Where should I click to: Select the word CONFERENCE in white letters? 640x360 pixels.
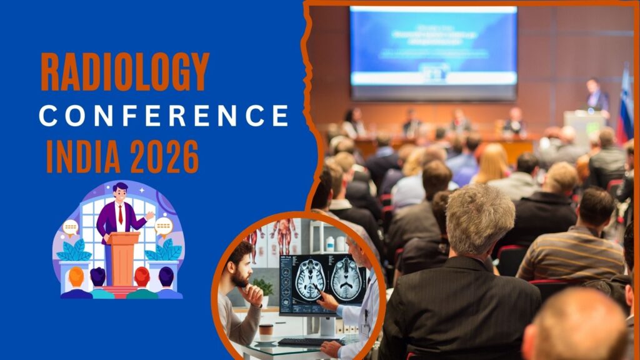coord(164,116)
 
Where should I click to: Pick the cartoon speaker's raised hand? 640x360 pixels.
coord(149,215)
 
